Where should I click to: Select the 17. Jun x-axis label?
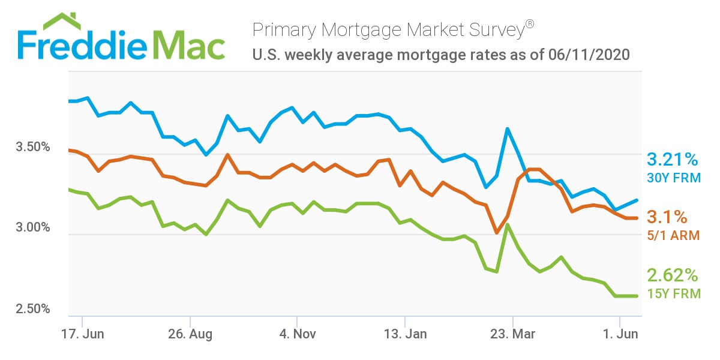pos(82,333)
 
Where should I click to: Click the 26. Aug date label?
pos(190,333)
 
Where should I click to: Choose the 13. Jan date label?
pos(405,333)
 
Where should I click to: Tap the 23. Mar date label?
pos(512,333)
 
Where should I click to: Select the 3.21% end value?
pos(672,160)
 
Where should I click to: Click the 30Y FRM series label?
pos(673,178)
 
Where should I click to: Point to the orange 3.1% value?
pos(667,217)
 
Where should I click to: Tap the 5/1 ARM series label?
pos(673,235)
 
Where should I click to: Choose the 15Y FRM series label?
pos(673,293)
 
